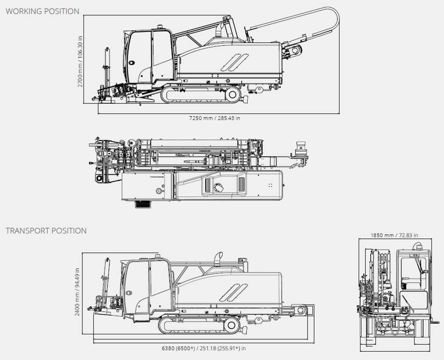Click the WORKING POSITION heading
(x=42, y=11)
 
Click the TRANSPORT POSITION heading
(x=46, y=231)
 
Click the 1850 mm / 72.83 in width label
(x=394, y=235)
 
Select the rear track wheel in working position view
(x=233, y=95)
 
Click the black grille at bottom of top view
(x=142, y=204)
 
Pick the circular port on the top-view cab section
(x=158, y=191)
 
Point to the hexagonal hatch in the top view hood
(x=218, y=188)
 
